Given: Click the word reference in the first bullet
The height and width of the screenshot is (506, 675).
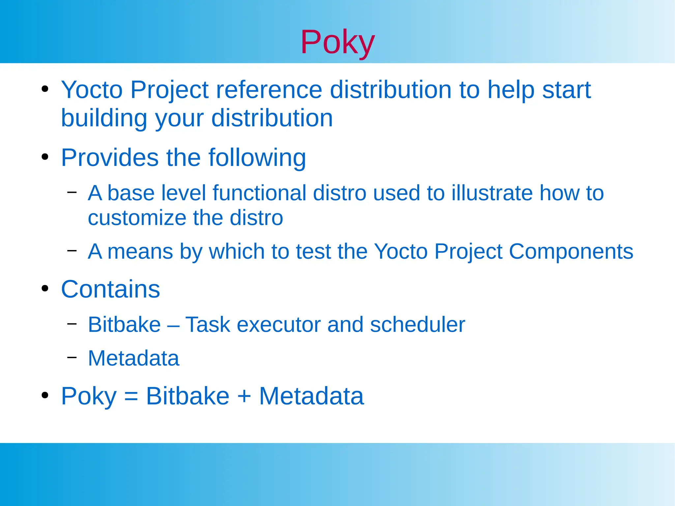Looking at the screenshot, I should point(269,90).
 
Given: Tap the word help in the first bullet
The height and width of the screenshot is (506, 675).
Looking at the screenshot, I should point(511,90).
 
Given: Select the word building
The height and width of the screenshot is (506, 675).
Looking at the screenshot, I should point(104,118).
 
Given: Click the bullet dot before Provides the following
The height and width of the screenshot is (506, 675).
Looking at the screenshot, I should point(45,157).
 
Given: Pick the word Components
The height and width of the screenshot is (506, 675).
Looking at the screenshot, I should point(571,251).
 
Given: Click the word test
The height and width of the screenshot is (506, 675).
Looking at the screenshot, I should point(313,251).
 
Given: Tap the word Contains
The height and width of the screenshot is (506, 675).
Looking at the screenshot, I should point(110,289).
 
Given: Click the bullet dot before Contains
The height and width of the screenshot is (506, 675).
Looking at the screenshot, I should point(45,289).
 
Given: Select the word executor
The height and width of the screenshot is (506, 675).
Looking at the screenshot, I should point(279,324).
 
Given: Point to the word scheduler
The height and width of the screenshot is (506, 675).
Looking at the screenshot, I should point(417,324).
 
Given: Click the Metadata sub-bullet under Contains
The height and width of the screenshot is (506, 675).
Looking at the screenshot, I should point(133,358).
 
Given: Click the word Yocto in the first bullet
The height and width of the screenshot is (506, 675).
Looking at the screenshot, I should point(92,90).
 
